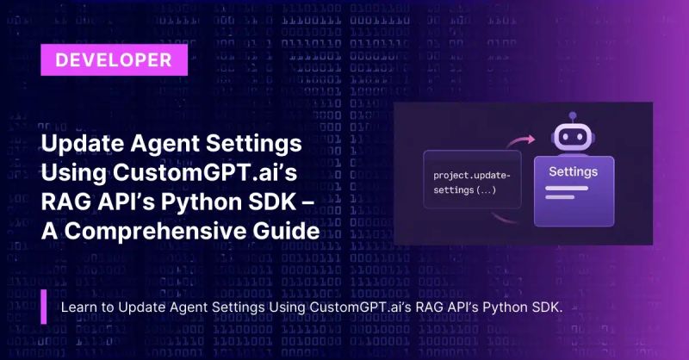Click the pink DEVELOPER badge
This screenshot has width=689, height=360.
[x=112, y=60]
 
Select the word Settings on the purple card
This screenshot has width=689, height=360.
[x=573, y=171]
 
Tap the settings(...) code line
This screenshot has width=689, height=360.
[x=465, y=189]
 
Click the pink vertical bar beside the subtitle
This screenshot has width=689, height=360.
[x=44, y=307]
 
